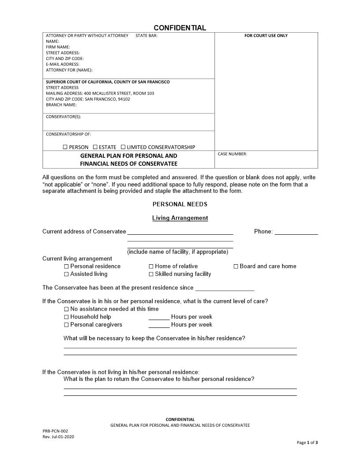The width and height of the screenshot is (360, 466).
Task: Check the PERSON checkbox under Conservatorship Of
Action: pyautogui.click(x=65, y=147)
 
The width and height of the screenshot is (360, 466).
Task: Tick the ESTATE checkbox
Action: pyautogui.click(x=95, y=147)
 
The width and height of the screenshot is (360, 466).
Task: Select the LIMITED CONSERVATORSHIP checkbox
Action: pyautogui.click(x=123, y=147)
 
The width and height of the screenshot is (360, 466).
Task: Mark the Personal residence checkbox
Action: pyautogui.click(x=67, y=267)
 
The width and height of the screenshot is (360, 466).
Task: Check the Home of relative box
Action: pyautogui.click(x=151, y=267)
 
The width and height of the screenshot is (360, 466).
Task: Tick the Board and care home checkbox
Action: pyautogui.click(x=236, y=267)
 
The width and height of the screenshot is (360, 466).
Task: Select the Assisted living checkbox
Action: pyautogui.click(x=67, y=274)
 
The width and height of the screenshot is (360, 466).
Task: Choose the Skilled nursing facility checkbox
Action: pyautogui.click(x=151, y=274)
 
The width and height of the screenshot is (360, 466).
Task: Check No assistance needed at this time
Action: pyautogui.click(x=67, y=309)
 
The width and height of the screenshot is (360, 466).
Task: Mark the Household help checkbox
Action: pyautogui.click(x=67, y=317)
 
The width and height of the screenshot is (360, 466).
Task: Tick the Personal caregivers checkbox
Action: pyautogui.click(x=67, y=325)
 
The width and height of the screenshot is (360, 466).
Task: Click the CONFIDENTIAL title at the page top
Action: pyautogui.click(x=180, y=28)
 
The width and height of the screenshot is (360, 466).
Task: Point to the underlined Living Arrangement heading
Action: pyautogui.click(x=180, y=218)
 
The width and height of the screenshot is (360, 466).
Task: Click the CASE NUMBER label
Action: pyautogui.click(x=232, y=154)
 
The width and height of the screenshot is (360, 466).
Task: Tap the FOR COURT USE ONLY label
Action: pyautogui.click(x=266, y=36)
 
